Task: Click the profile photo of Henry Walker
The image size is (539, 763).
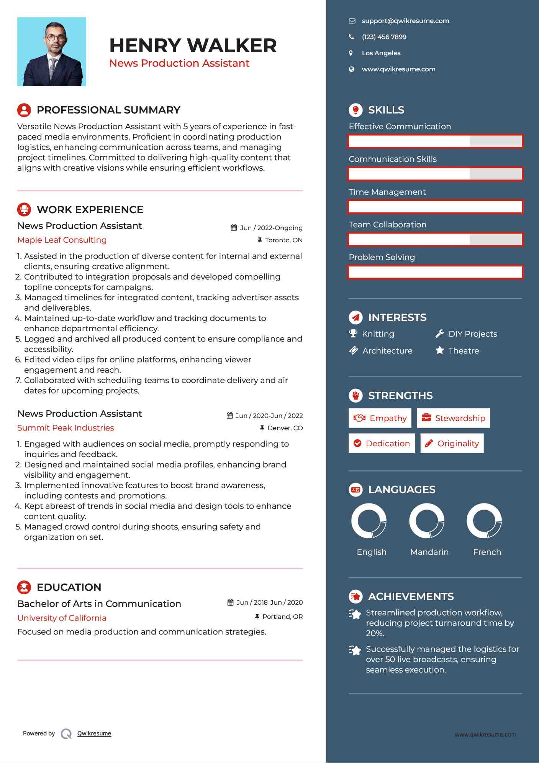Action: (x=52, y=52)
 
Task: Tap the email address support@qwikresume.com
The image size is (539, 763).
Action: (x=405, y=21)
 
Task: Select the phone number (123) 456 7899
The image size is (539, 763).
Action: (x=384, y=37)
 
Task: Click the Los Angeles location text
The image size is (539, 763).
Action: (x=381, y=53)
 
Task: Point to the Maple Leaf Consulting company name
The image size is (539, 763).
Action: (x=62, y=240)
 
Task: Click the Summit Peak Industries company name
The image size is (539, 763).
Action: (x=66, y=428)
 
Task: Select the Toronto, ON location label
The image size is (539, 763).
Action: (x=283, y=240)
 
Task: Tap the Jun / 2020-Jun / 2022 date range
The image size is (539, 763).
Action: (x=269, y=416)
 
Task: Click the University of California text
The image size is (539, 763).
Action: (x=62, y=618)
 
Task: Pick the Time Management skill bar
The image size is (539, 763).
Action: (x=435, y=207)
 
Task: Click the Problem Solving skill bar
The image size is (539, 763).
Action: (x=435, y=272)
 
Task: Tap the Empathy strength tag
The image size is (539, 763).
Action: (x=380, y=418)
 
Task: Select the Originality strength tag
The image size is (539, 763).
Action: (x=452, y=444)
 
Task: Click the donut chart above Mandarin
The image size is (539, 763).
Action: (x=427, y=521)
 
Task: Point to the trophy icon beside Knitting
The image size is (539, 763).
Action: (x=353, y=334)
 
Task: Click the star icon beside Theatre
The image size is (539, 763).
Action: (x=440, y=350)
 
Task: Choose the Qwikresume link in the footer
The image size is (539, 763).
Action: (x=94, y=733)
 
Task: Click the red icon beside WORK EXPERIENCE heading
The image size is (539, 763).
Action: (x=24, y=210)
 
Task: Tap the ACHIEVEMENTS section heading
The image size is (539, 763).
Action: (x=411, y=597)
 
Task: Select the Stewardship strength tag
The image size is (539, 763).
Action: (x=454, y=418)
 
